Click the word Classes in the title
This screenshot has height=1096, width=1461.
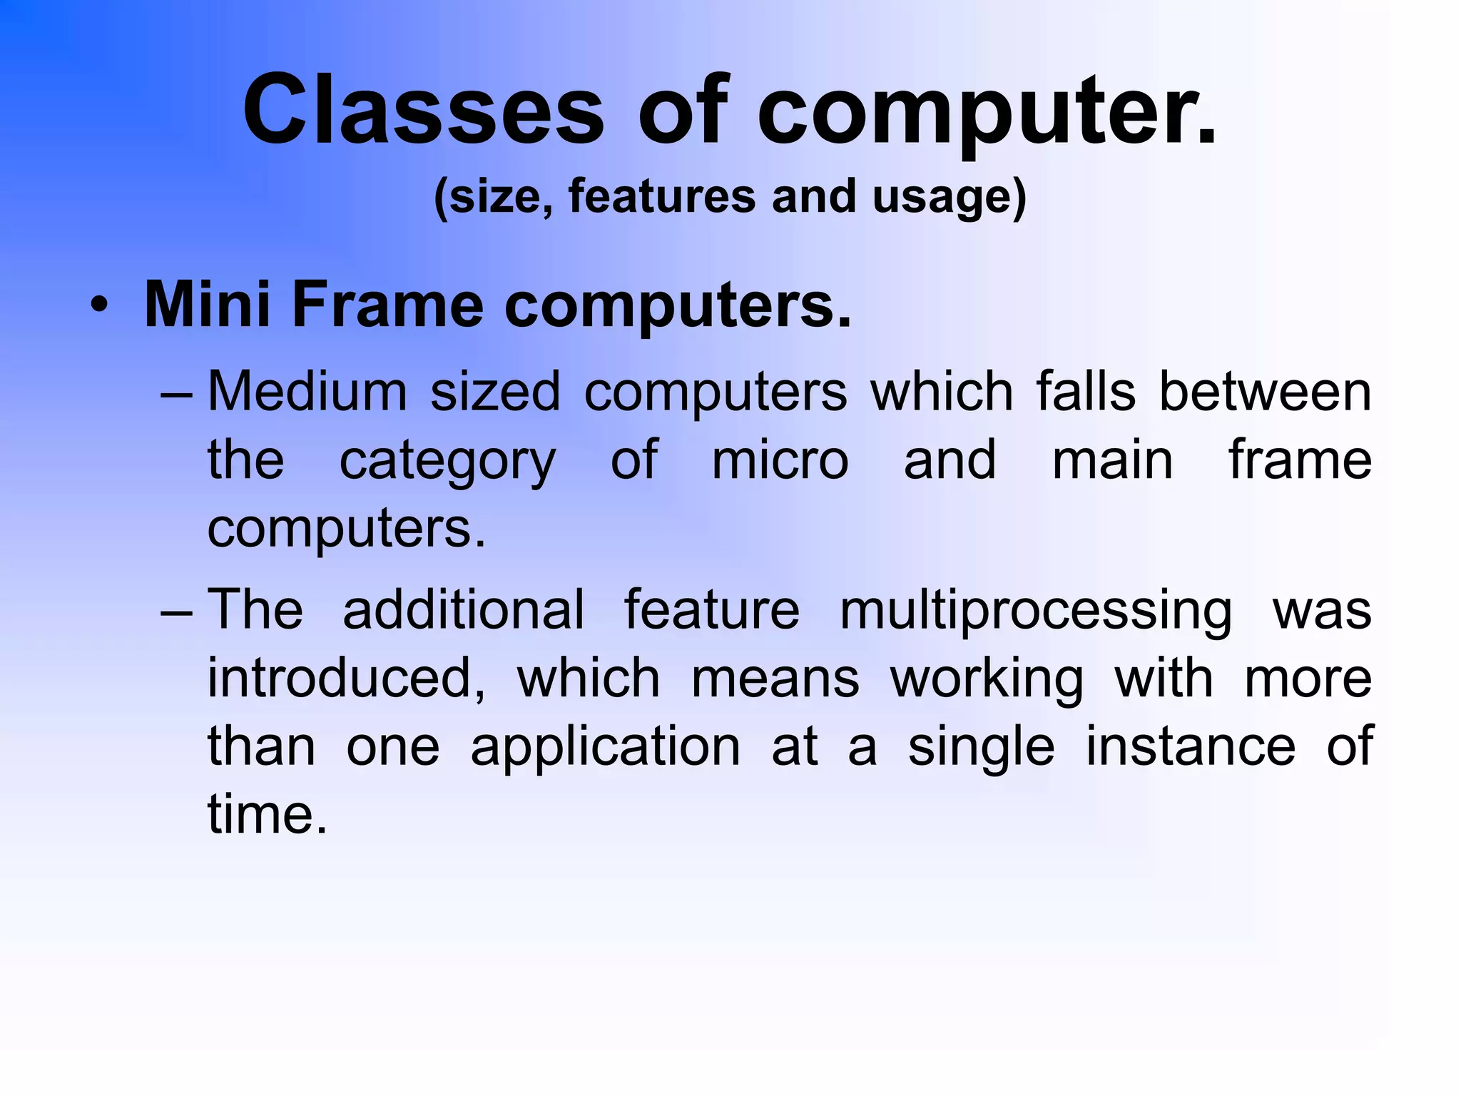tap(424, 111)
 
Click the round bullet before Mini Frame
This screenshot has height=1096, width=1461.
tap(100, 307)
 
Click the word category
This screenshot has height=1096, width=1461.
tap(447, 462)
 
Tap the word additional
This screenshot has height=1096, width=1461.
tap(464, 609)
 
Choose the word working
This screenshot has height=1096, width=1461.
tap(987, 679)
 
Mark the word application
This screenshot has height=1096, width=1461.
tap(606, 748)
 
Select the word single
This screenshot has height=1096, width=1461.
tap(981, 748)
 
